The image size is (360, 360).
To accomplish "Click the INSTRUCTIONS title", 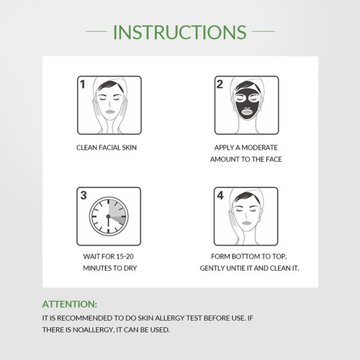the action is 179,32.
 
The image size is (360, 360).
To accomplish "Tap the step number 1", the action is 83,84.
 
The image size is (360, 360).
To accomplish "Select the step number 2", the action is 220,84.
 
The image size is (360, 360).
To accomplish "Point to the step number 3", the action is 84,195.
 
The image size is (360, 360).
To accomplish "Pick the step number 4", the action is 220,195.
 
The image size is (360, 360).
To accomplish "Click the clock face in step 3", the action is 109,217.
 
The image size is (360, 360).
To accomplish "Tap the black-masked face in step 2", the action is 246,104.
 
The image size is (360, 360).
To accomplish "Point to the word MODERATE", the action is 259,148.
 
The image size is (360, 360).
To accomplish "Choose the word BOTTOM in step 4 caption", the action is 246,256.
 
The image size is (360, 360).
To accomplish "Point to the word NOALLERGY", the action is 93,330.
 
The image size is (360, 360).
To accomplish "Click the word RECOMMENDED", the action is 85,318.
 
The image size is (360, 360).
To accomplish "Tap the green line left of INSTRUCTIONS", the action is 96,31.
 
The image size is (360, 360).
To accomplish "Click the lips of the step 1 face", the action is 109,112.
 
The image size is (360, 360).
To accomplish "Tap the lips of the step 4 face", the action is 246,223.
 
